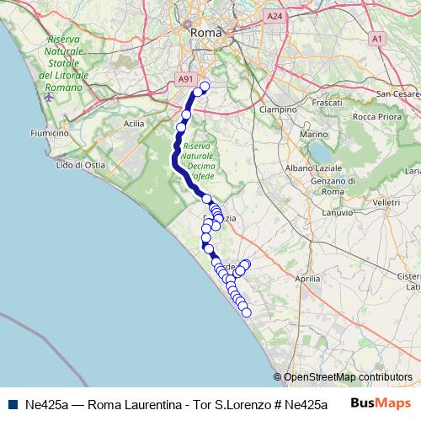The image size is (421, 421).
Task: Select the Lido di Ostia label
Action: (80, 165)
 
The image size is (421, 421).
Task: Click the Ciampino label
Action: (278, 109)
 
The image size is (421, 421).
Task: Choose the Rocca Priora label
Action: (376, 116)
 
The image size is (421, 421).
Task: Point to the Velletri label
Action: (386, 203)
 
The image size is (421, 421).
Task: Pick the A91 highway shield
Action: (184, 78)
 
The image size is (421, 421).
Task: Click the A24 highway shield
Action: (273, 16)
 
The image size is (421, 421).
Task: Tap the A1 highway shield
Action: (377, 38)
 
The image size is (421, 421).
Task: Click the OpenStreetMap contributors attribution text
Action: (347, 377)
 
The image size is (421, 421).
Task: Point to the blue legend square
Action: (11, 404)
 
